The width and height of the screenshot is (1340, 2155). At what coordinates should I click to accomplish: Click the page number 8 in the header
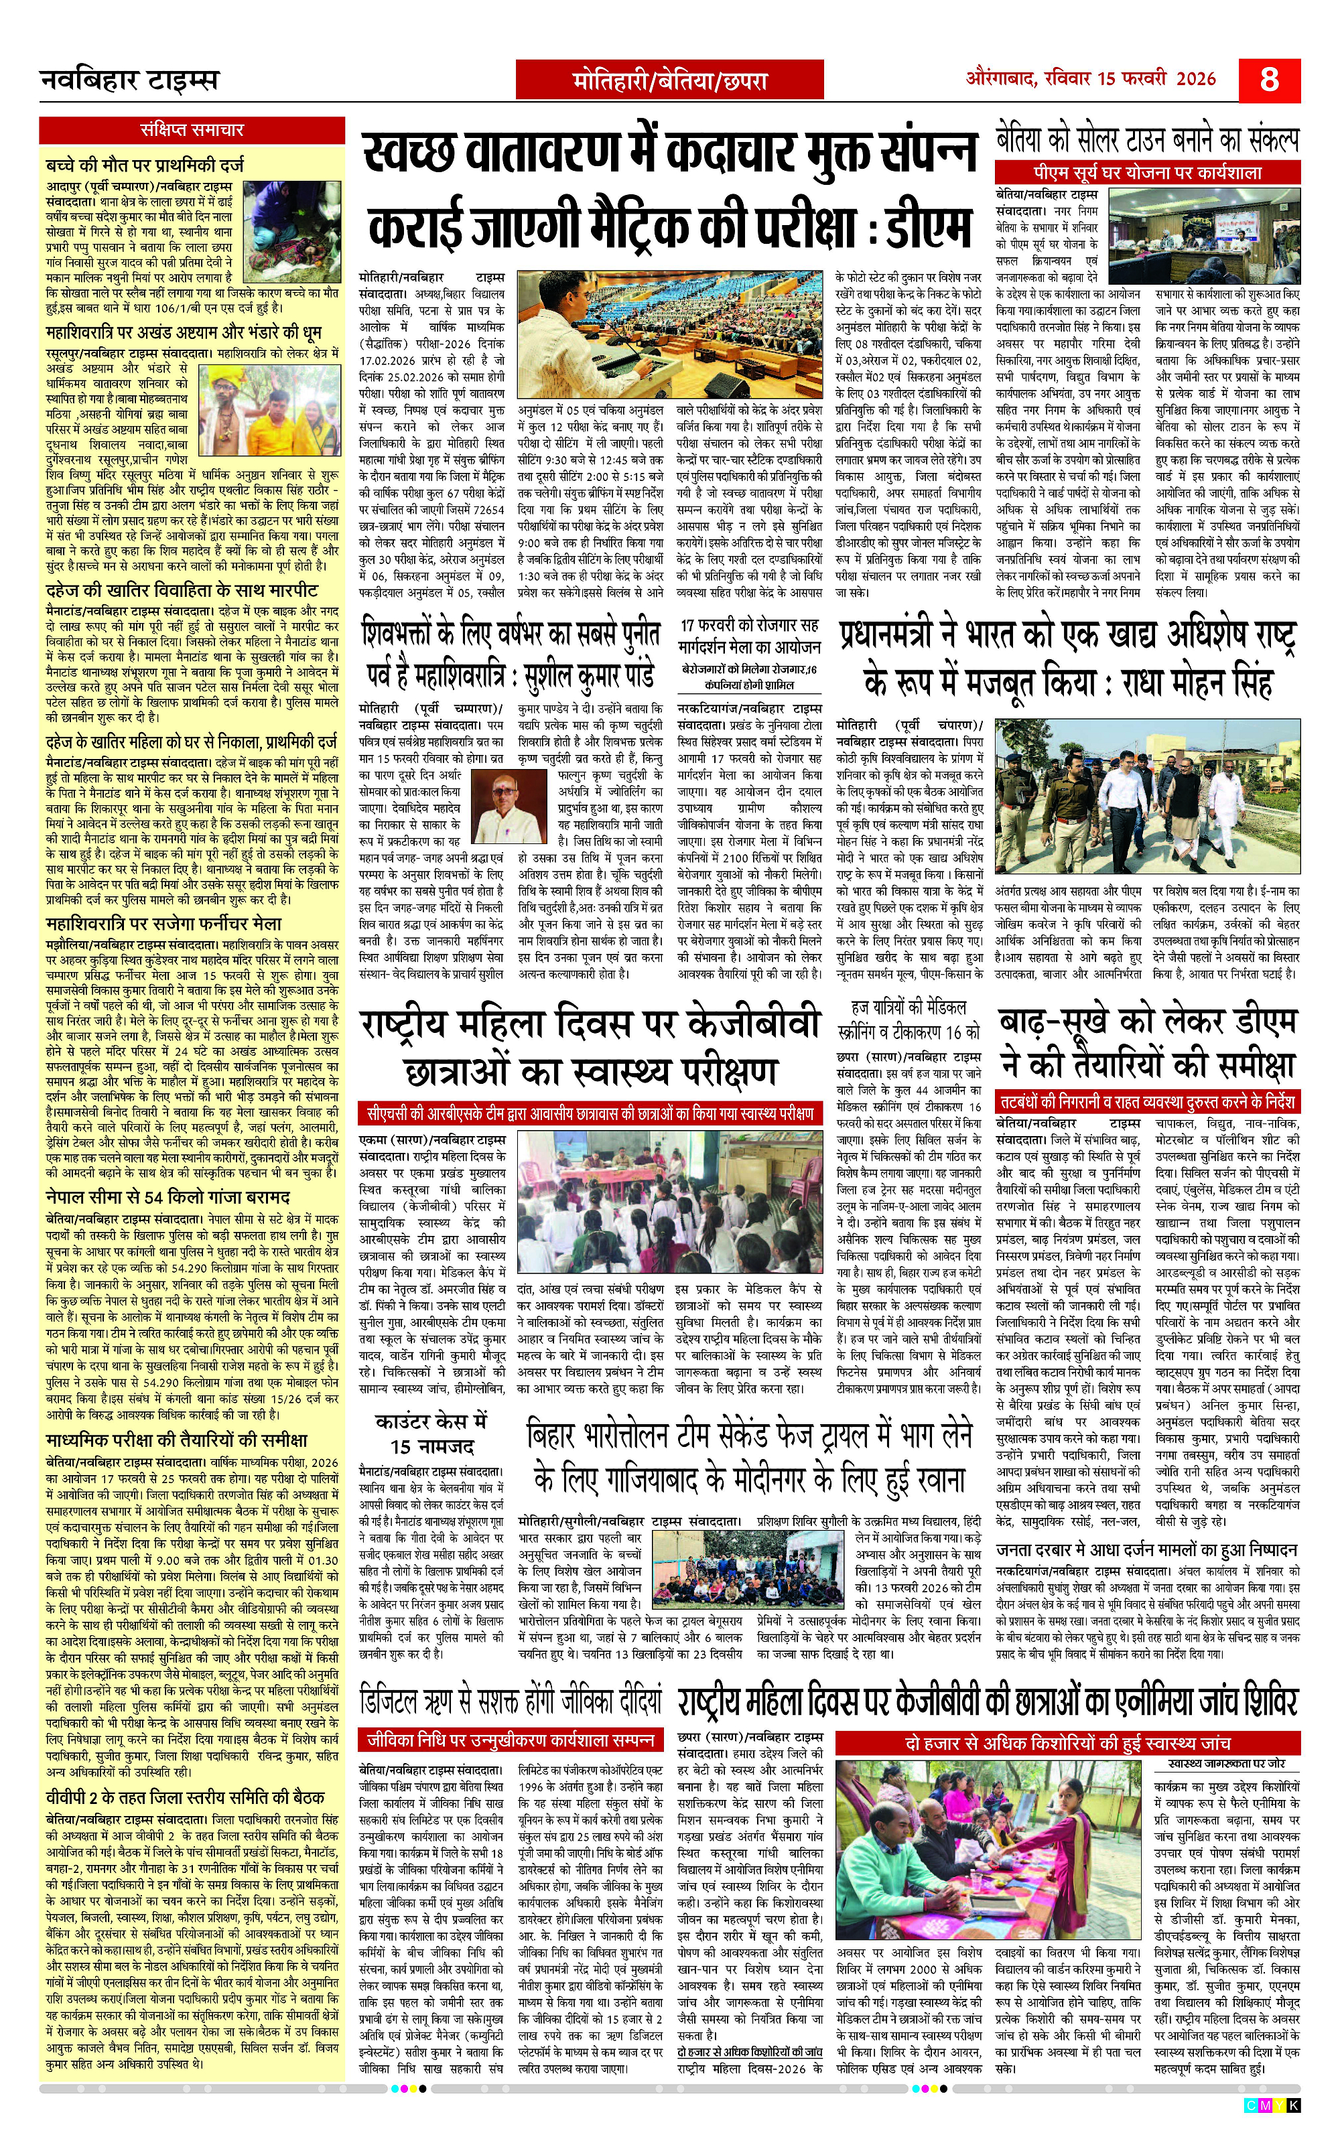coord(1268,80)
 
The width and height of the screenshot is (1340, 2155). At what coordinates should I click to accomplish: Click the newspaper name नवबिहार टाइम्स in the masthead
coord(129,80)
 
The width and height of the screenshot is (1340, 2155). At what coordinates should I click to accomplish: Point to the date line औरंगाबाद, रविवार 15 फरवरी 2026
coord(1090,79)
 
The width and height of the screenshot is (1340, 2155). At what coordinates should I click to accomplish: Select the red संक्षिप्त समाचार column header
coord(192,130)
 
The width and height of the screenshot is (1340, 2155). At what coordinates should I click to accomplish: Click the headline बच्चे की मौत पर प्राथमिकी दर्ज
coord(145,165)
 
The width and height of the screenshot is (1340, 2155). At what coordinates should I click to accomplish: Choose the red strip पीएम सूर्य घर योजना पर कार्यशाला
coord(1147,172)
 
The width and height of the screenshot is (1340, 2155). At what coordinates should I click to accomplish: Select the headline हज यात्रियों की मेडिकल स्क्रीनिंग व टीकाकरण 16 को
coord(909,1019)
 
